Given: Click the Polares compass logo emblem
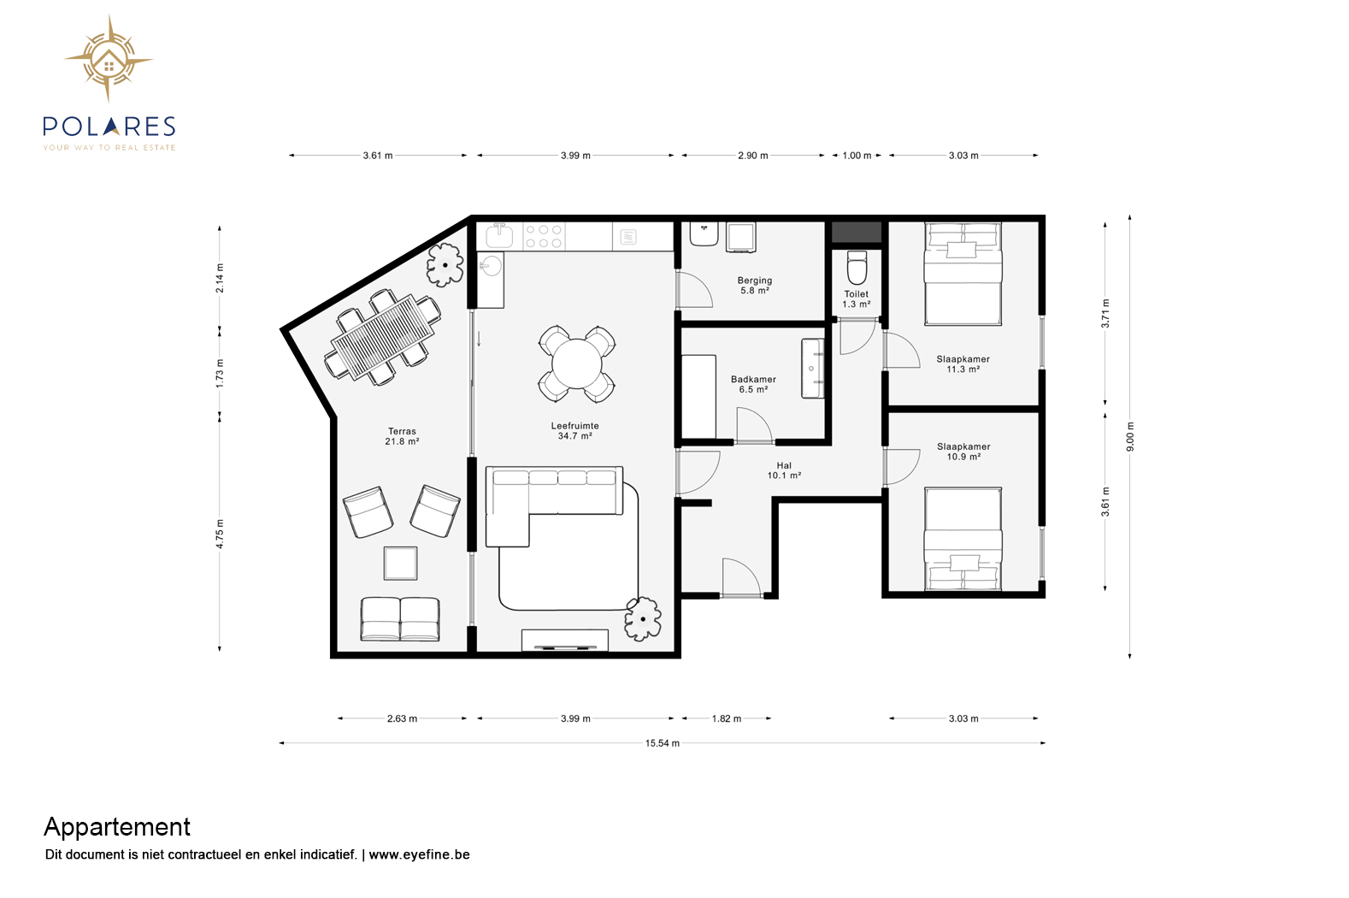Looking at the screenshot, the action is [x=109, y=59].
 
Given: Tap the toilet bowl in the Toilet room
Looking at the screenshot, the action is [x=857, y=268].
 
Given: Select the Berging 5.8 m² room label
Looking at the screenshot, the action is [x=755, y=285].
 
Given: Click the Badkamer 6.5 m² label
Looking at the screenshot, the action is [x=753, y=384].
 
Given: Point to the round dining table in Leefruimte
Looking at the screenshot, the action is [x=577, y=364].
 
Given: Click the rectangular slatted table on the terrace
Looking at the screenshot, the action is [x=383, y=337].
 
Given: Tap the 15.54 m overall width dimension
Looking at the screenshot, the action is [x=662, y=743].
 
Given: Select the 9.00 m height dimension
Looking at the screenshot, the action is [x=1130, y=436].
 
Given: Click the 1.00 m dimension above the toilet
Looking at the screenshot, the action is [x=857, y=156].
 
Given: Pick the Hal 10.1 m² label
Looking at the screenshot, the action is [x=784, y=470].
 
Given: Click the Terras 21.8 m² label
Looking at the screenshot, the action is [x=402, y=436].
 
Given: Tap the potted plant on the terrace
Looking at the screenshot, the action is [x=445, y=264].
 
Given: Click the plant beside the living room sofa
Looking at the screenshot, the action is [x=643, y=619].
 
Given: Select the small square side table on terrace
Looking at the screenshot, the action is [x=400, y=563].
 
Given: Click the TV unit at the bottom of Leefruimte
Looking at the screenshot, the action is [x=565, y=640].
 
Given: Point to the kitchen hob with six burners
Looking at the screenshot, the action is [x=543, y=236].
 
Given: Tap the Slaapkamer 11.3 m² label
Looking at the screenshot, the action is [x=963, y=364].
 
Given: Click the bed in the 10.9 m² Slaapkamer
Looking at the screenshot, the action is [x=963, y=539].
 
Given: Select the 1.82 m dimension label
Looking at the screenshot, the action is [x=727, y=718].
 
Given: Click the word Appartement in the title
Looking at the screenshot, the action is [x=117, y=828].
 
